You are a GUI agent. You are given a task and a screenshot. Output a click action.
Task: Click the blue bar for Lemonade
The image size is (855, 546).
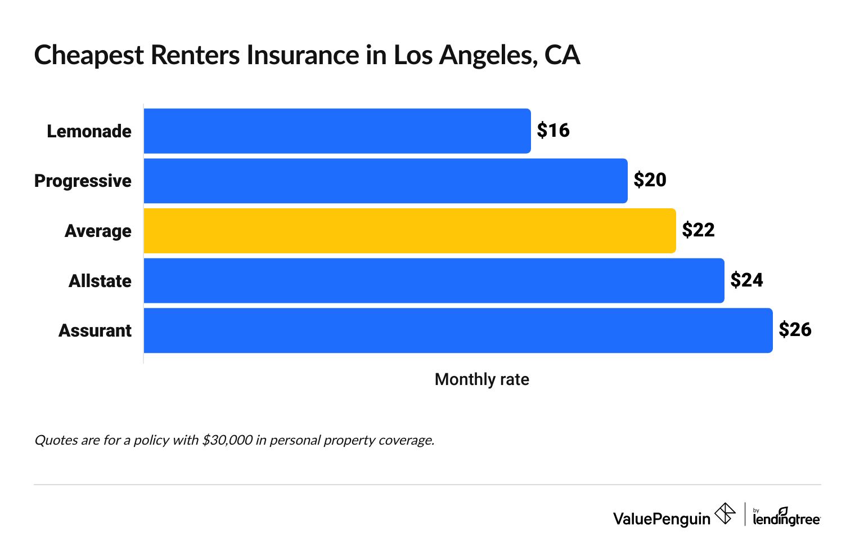337,131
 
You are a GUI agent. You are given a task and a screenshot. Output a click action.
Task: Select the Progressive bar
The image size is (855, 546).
385,181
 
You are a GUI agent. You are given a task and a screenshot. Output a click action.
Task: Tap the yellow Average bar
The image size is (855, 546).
409,231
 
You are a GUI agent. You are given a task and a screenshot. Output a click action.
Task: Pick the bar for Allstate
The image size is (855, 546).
434,280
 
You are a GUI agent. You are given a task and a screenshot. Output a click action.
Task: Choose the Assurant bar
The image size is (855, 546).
458,330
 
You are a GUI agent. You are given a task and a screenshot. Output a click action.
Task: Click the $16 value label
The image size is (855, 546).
553,131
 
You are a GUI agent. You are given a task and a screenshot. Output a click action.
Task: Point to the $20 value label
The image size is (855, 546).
650,180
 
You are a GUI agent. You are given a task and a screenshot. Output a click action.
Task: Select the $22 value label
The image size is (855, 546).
698,230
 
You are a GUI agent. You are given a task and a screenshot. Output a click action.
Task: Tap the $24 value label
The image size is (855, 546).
746,280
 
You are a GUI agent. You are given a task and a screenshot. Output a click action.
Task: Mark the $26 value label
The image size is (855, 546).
795,330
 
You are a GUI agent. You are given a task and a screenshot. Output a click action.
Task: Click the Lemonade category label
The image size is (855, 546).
89,131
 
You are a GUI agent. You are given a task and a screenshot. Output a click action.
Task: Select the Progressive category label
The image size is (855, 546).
83,181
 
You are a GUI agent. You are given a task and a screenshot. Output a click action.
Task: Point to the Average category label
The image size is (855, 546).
98,231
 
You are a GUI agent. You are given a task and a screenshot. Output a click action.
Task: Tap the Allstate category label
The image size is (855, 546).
100,280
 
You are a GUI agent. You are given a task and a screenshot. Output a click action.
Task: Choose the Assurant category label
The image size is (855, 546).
95,330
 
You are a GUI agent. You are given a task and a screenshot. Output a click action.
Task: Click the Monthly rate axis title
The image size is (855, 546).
481,379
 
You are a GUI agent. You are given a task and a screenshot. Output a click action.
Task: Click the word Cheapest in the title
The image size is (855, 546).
89,56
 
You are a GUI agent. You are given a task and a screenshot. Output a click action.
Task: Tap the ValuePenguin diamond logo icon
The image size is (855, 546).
724,513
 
